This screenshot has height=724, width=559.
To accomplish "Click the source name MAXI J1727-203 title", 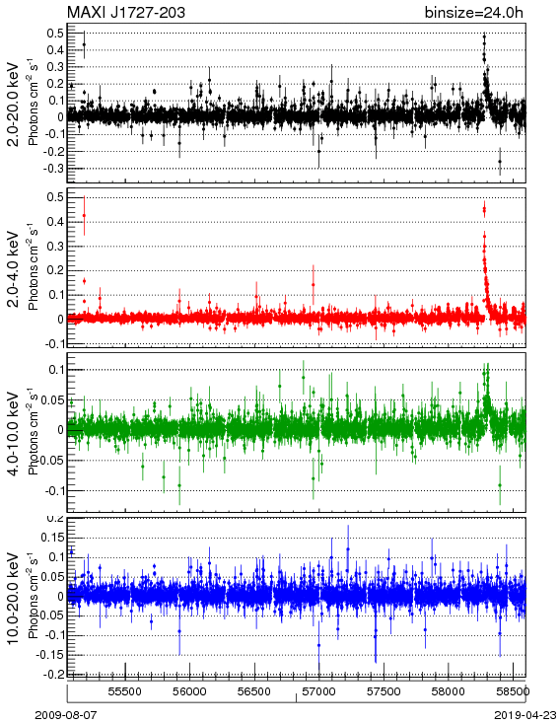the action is (126, 12).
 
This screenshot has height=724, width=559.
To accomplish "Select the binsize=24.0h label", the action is (474, 13).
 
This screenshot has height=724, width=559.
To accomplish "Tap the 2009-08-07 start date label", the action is (66, 715).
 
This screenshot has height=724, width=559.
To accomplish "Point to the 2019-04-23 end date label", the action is (525, 715).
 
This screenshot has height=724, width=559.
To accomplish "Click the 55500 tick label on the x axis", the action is (125, 691).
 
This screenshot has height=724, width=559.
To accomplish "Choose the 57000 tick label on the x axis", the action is (319, 691).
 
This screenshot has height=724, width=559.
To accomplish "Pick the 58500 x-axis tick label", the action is (513, 691).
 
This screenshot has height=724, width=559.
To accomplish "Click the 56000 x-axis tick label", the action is (189, 691).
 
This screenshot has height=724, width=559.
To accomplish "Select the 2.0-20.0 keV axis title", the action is (14, 104).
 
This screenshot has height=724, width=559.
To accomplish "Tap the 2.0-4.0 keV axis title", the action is (14, 269).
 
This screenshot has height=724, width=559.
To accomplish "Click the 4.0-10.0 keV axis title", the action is (14, 434).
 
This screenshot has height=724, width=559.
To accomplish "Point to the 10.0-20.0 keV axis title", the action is (14, 599).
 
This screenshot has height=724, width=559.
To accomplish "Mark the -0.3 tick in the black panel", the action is (53, 168).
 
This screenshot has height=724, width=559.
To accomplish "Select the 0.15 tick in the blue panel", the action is (52, 538).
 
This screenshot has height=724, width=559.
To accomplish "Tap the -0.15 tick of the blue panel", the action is (50, 655).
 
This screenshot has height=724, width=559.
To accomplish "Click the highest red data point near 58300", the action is (484, 209).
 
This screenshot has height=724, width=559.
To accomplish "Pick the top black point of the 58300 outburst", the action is (484, 36).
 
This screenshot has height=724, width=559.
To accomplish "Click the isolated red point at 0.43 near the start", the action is (84, 216).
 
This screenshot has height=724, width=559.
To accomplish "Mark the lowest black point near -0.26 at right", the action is (500, 161).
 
